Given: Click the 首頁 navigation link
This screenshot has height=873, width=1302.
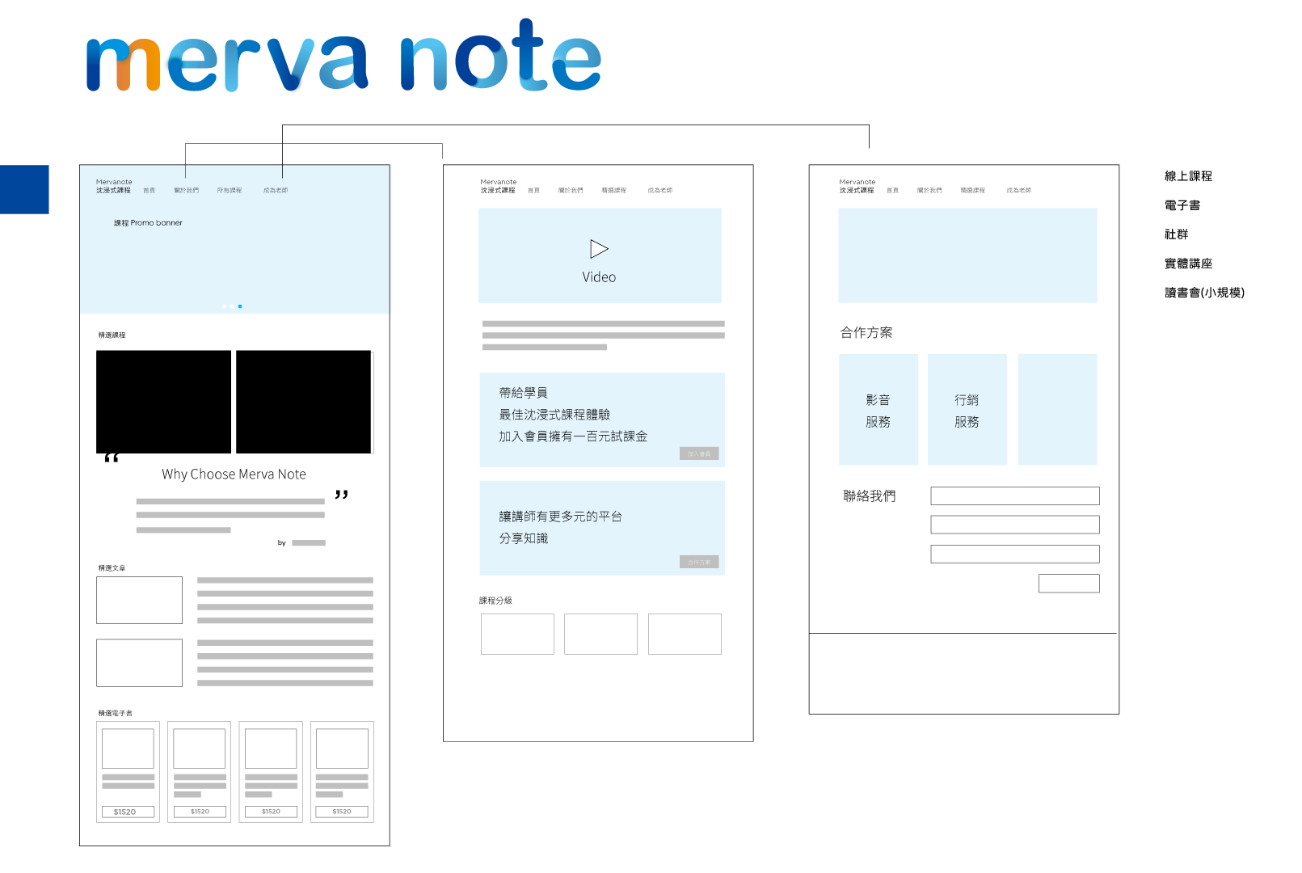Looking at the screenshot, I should click(x=149, y=191).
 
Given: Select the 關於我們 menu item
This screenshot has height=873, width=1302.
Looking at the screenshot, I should click(x=186, y=191).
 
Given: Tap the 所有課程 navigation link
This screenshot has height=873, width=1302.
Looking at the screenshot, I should click(x=229, y=191).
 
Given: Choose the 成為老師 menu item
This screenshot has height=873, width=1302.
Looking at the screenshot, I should click(x=275, y=191).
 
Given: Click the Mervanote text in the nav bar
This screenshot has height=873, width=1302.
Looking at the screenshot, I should click(x=114, y=182).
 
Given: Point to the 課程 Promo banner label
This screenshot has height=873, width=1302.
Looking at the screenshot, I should click(x=148, y=223).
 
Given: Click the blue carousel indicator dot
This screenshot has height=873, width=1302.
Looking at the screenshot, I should click(x=240, y=306).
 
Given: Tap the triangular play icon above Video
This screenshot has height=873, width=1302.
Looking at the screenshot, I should click(x=599, y=249).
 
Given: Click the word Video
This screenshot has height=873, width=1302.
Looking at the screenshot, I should click(x=599, y=277).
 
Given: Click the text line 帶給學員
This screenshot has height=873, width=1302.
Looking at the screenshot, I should click(x=523, y=393).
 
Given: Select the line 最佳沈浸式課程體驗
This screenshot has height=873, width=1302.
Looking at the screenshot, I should click(x=554, y=415).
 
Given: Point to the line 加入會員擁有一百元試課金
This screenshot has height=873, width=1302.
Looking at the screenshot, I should click(x=573, y=436).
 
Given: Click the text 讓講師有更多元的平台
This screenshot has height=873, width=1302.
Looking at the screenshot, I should click(x=560, y=517).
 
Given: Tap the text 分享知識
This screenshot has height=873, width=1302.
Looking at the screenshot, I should click(x=523, y=538).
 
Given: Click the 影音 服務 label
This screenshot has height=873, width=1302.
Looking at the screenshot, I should click(x=878, y=411).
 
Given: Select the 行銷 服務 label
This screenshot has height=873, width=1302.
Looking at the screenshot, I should click(x=967, y=411).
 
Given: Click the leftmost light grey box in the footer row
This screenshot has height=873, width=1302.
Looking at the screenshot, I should click(x=130, y=790).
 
